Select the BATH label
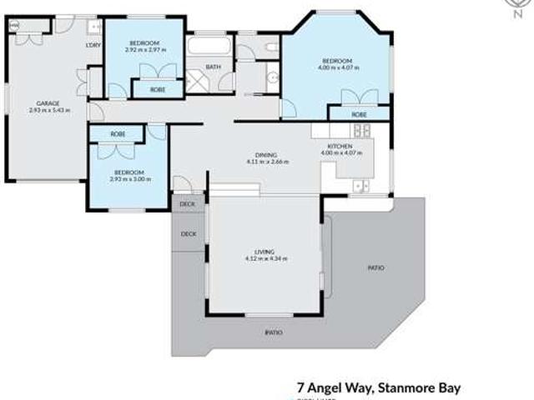213,67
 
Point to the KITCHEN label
340,147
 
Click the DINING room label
267,155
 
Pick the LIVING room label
266,252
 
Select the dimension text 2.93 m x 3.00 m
128,179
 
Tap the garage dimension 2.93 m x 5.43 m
49,110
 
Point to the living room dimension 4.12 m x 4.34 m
266,258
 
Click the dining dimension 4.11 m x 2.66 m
267,162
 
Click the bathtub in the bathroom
209,45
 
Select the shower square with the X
198,81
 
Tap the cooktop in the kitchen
362,130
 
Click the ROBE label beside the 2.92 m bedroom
157,88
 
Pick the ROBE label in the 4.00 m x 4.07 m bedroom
359,113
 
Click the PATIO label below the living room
274,332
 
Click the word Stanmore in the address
406,387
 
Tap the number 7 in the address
301,387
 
